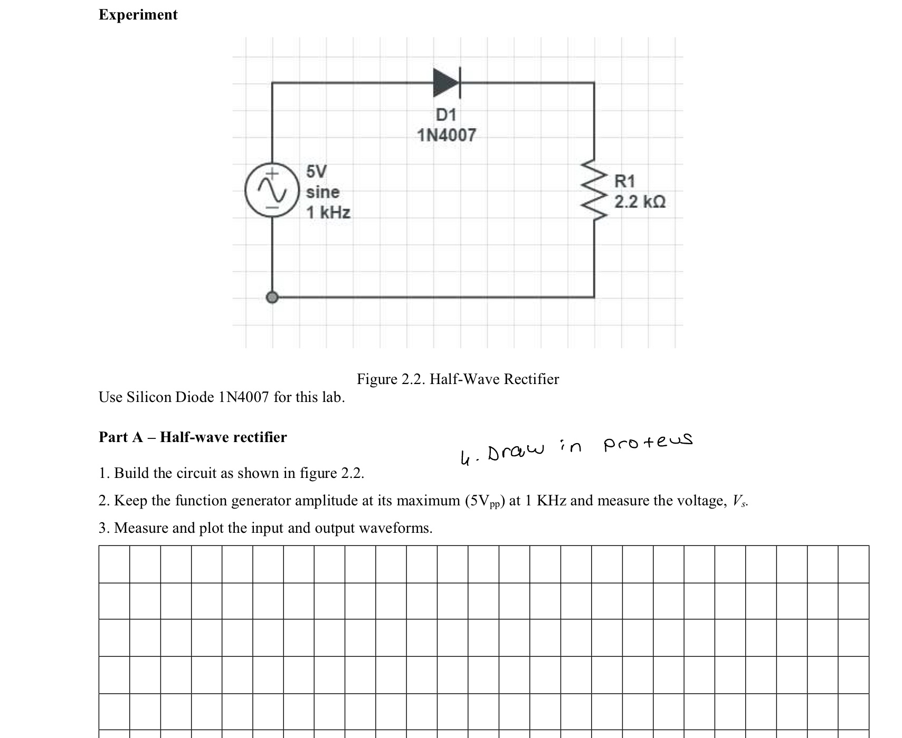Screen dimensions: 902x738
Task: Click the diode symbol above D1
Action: click(x=447, y=83)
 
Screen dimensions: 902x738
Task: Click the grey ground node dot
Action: click(x=272, y=298)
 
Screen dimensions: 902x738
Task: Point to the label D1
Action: click(x=446, y=114)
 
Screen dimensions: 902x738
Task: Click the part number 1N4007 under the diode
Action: click(x=447, y=135)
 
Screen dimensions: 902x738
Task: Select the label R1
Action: click(x=624, y=181)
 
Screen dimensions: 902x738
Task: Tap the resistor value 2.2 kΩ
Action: click(x=640, y=202)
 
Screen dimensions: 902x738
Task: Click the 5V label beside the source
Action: click(x=317, y=171)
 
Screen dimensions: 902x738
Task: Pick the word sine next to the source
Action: click(x=322, y=192)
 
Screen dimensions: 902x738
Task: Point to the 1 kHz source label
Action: click(x=328, y=213)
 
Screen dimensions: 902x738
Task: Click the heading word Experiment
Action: click(x=138, y=15)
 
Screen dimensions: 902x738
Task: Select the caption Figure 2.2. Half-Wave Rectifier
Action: click(x=458, y=379)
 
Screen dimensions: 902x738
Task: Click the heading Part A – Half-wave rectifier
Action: click(x=193, y=437)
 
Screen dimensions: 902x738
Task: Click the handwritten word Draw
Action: click(x=515, y=451)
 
